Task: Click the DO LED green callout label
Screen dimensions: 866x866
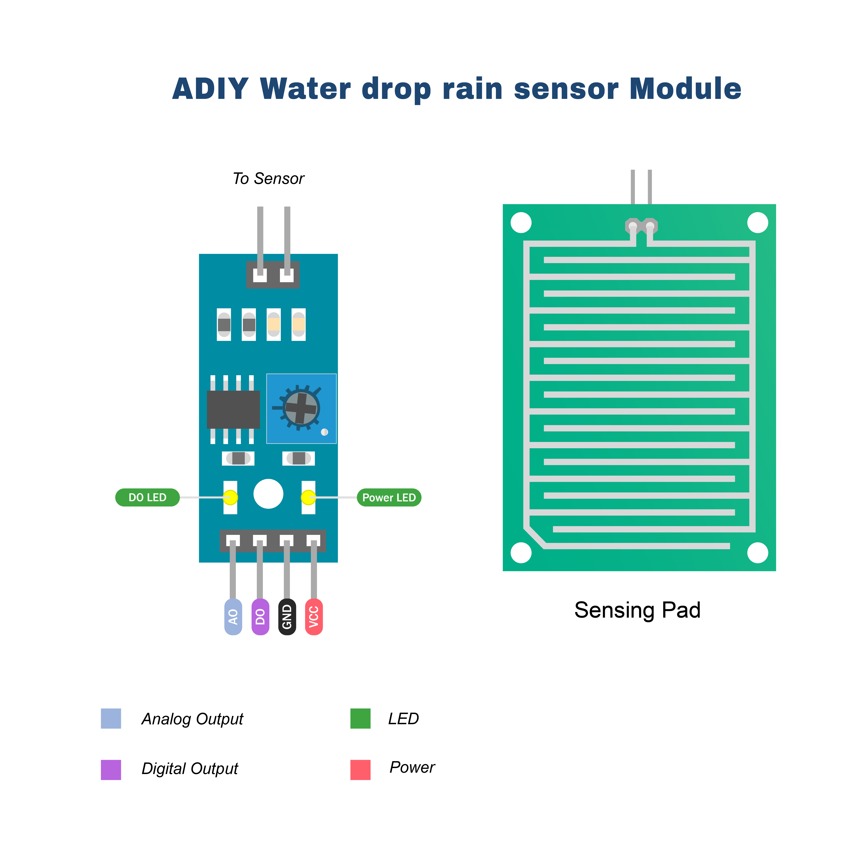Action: (147, 498)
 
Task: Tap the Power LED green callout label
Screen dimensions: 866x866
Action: (389, 498)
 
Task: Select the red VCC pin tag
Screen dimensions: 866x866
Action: (314, 617)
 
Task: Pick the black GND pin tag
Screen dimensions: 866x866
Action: (287, 617)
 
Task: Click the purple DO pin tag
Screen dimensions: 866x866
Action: (260, 617)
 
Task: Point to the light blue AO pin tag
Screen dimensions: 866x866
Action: (233, 617)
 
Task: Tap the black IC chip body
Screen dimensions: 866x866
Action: (233, 409)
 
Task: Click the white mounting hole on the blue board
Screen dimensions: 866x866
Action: (268, 494)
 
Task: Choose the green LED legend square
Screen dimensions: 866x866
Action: (360, 719)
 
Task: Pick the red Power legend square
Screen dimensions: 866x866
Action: (360, 770)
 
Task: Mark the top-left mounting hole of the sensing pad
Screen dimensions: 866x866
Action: (521, 223)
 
